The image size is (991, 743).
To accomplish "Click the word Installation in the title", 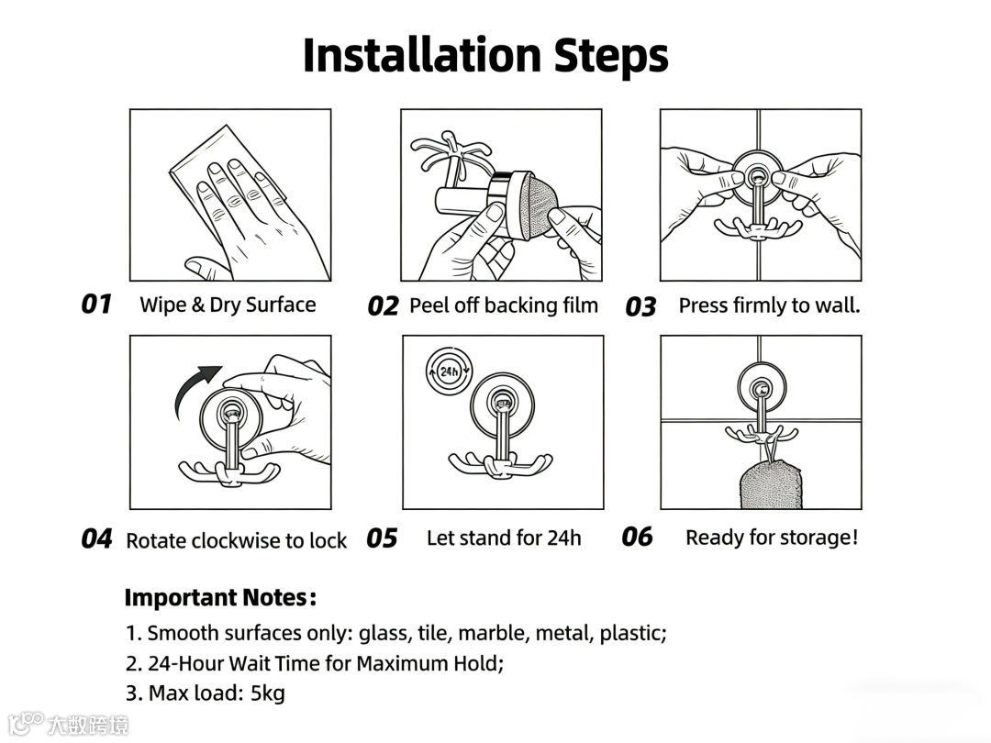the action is [422, 56].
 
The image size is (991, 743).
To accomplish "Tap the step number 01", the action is [96, 304].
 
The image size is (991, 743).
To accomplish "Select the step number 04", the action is [96, 539].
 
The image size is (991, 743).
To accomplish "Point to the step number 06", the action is [637, 537].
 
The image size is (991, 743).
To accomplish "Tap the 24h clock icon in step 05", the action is [449, 371].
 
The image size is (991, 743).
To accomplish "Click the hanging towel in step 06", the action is [771, 483].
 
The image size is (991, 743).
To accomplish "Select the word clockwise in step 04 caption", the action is [236, 541].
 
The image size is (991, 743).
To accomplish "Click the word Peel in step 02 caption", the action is [429, 305].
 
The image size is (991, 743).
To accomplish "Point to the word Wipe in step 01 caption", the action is [163, 305].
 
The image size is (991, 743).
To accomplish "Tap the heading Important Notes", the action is [220, 598].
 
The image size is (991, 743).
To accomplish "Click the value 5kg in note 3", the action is [268, 693].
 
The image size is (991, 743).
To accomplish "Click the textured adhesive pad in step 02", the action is [540, 206].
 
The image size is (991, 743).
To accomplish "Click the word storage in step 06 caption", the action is [816, 538].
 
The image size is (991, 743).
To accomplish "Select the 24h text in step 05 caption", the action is [563, 538].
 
